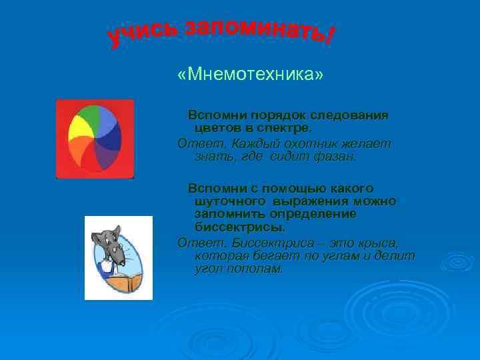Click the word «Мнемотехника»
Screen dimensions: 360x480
tap(250, 75)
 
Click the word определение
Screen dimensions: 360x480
tap(313, 214)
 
